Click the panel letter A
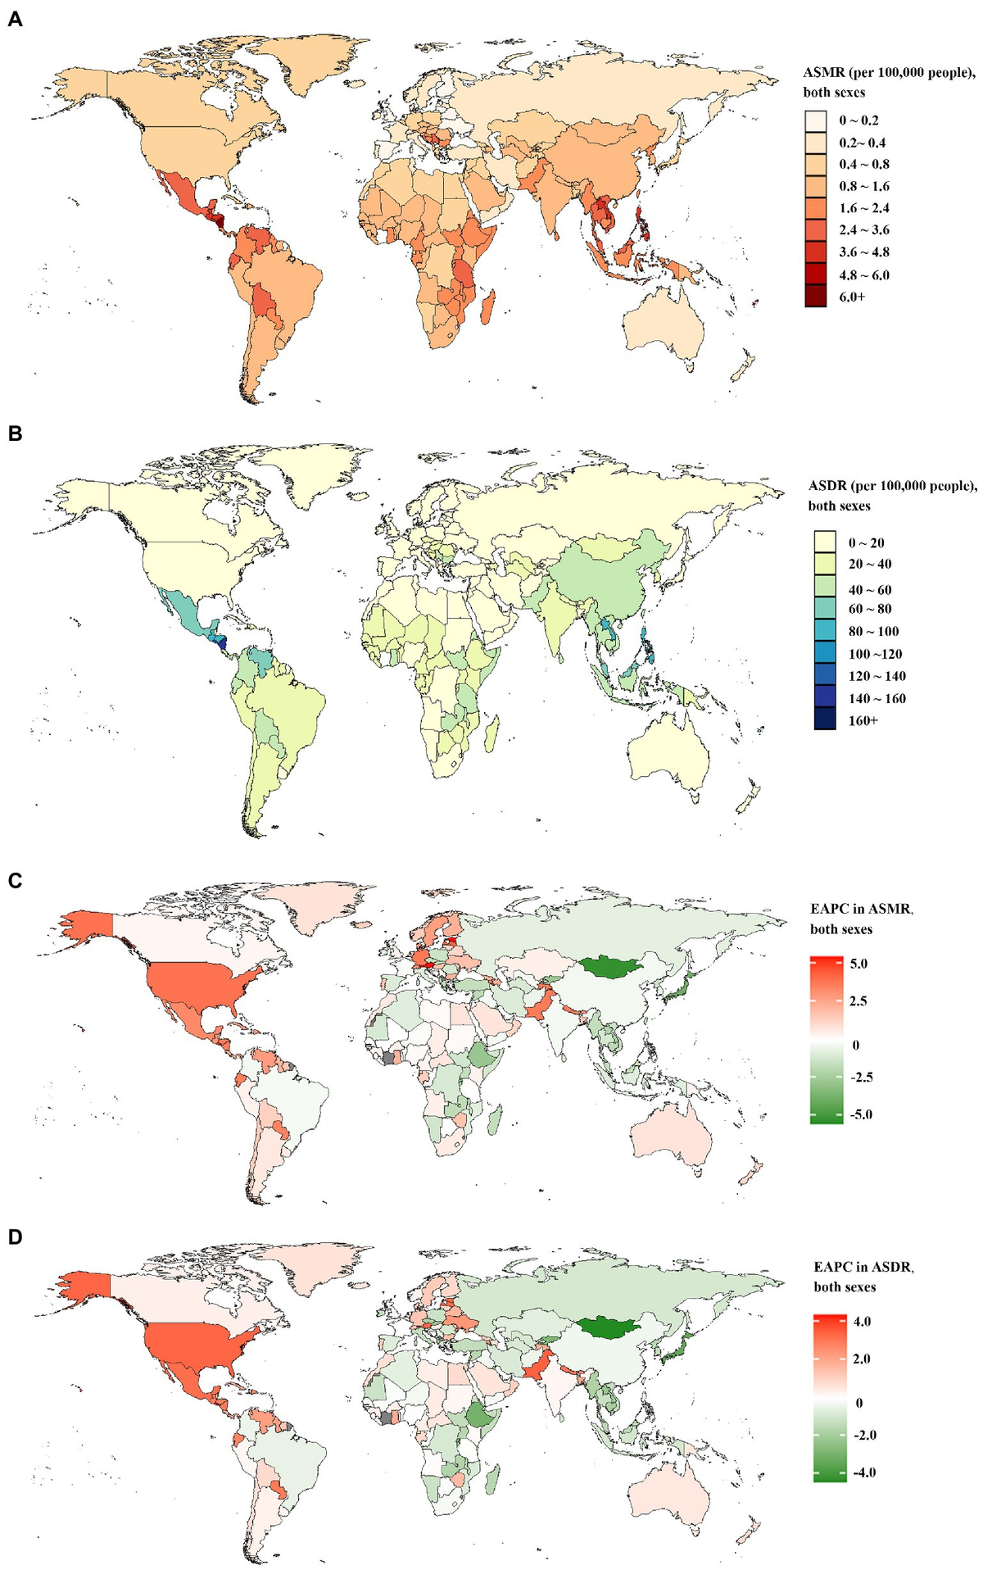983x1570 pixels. [x=15, y=20]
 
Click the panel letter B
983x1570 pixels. [x=15, y=433]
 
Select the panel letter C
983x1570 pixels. [x=15, y=880]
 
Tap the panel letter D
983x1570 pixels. [x=15, y=1236]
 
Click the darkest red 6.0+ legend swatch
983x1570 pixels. [x=816, y=297]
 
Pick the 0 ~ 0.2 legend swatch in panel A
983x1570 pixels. [x=816, y=120]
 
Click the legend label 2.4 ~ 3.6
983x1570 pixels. [x=863, y=230]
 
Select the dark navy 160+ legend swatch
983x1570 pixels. [x=825, y=720]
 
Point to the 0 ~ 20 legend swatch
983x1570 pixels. [x=825, y=542]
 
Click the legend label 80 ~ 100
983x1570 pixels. [x=873, y=631]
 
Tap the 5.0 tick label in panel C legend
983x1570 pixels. [x=858, y=964]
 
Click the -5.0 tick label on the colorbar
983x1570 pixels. [x=859, y=1114]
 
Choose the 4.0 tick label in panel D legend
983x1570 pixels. [x=862, y=1322]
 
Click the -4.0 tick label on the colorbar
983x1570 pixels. [x=863, y=1472]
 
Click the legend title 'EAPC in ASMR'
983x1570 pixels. [x=862, y=909]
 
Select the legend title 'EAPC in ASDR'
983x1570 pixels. [x=863, y=1267]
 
